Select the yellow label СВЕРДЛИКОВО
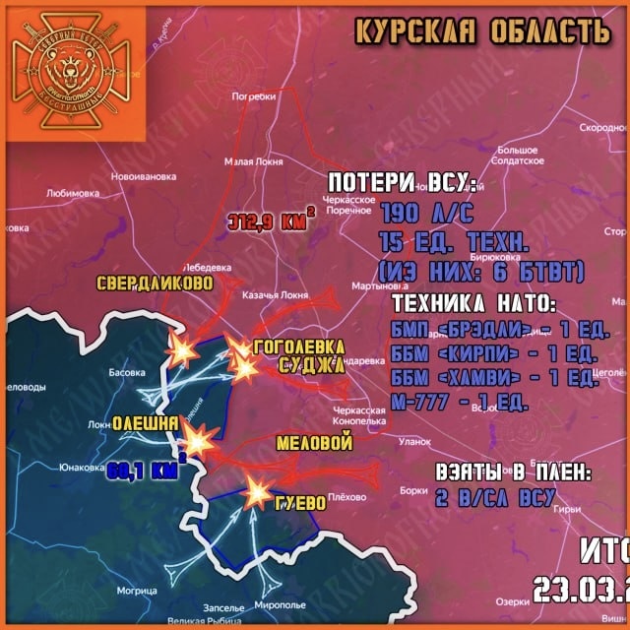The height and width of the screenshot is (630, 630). point(155,283)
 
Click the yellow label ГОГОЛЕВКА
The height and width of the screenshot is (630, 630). point(299,347)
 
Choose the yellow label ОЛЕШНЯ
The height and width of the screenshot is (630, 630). point(145,423)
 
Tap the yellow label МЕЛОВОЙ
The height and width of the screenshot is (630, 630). point(314,444)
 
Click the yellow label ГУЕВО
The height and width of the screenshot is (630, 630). point(301,503)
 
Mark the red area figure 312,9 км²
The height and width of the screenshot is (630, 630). point(267,220)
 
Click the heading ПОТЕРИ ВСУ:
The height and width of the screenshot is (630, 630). point(401,184)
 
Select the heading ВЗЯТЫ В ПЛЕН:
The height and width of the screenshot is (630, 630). point(514,472)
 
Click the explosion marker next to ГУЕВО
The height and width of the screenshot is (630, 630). point(259,489)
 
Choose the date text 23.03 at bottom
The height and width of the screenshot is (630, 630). point(581,590)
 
